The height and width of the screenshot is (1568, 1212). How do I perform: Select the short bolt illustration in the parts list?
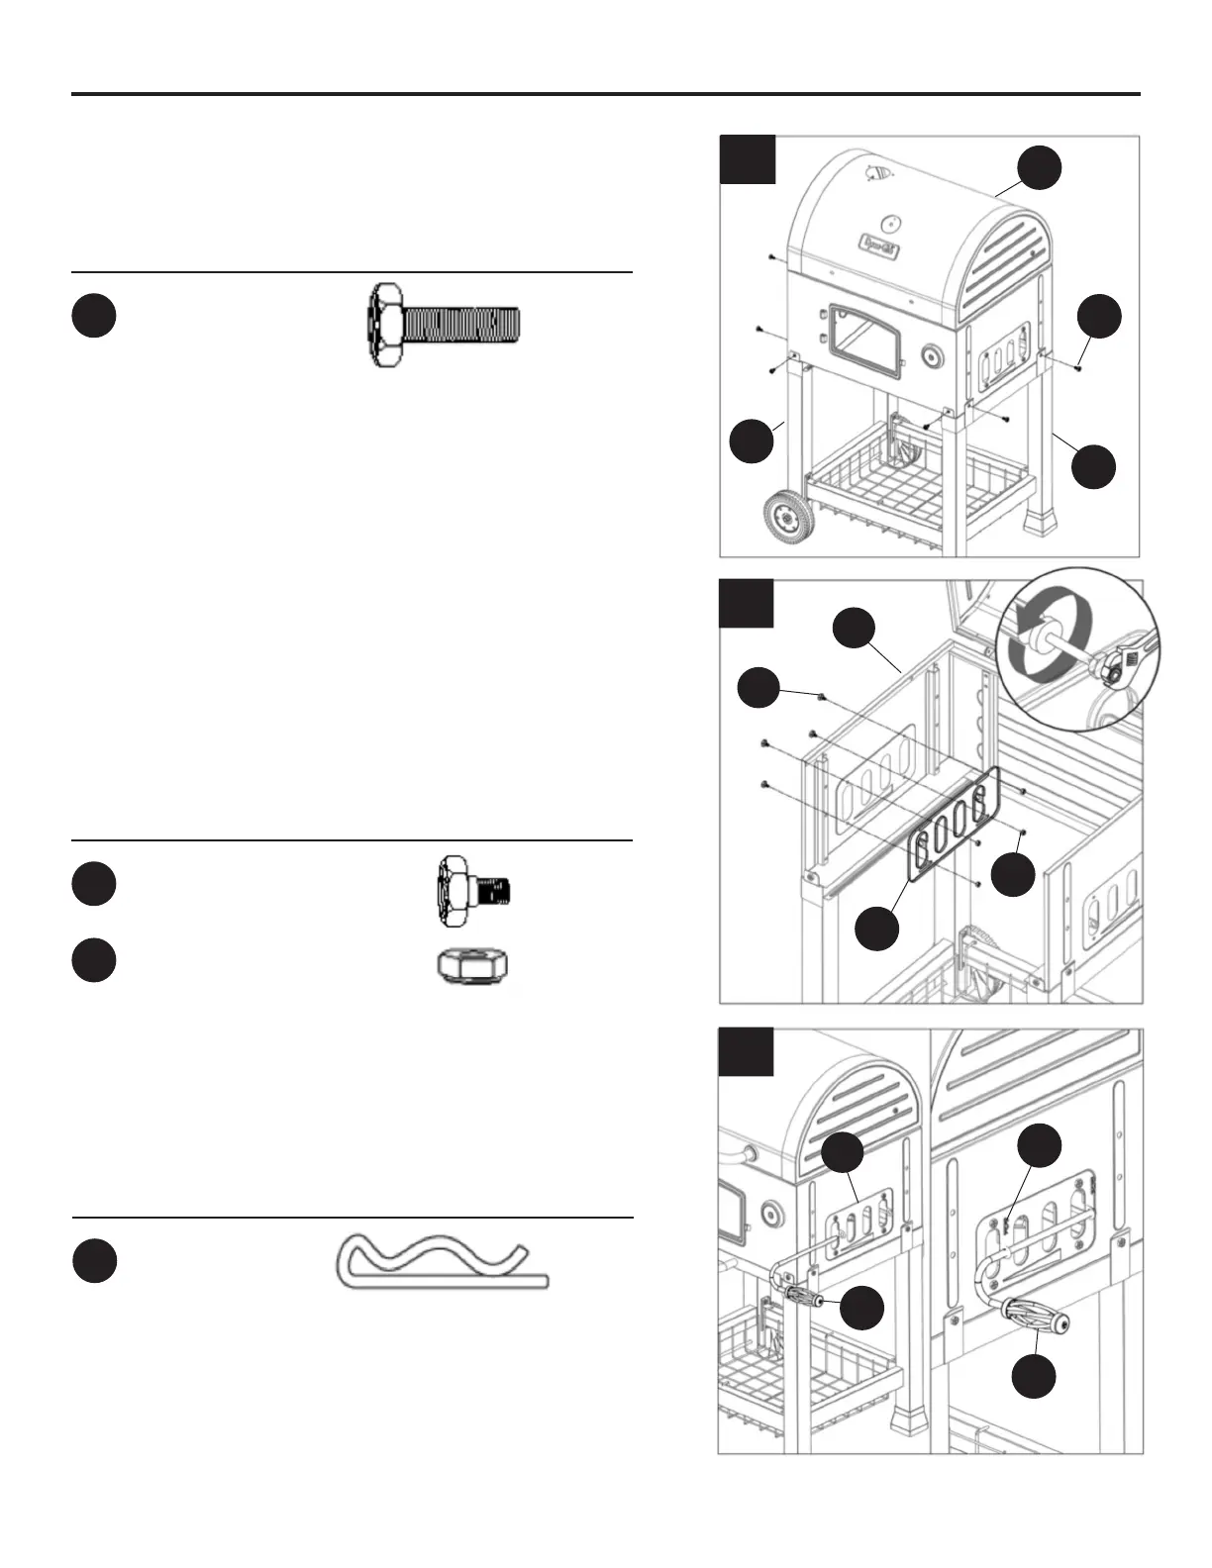click(x=473, y=893)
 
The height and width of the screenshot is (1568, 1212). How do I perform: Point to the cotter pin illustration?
click(x=442, y=1261)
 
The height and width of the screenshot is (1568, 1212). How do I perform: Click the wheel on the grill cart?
click(x=788, y=517)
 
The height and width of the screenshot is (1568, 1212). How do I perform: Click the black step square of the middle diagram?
click(x=748, y=605)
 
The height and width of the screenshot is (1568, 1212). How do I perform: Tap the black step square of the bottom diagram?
click(x=748, y=1052)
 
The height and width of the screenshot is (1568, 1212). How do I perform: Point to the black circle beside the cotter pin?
click(x=94, y=1261)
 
